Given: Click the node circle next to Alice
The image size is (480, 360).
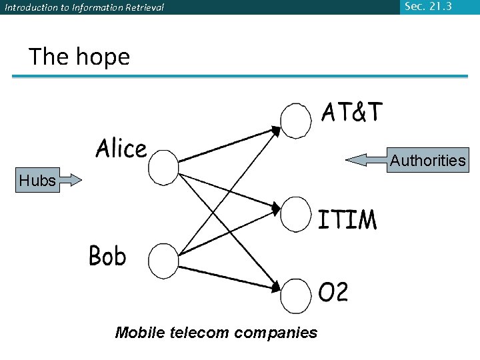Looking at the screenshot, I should tap(163, 168).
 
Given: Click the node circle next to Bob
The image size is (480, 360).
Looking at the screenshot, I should tap(163, 261).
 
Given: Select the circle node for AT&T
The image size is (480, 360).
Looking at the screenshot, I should tap(296, 120).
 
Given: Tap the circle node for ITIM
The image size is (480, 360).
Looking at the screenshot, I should tap(296, 213).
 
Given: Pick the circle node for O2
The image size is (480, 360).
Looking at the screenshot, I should tap(296, 296).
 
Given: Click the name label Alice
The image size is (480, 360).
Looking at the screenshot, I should tap(121, 148).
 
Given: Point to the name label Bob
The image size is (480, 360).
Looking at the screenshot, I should tap(107, 255).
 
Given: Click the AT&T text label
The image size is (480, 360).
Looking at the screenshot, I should tap(353, 113).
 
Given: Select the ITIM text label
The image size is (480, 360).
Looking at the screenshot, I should tap(347, 219).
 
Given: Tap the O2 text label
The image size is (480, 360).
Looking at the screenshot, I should tap(333, 292).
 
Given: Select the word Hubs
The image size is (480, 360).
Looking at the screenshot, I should tap(37, 180).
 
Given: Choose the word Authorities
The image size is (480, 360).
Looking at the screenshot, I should tap(427, 161).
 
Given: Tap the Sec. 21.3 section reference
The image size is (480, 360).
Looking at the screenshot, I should tap(428, 6).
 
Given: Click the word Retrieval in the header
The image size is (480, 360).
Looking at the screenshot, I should tap(140, 8).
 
